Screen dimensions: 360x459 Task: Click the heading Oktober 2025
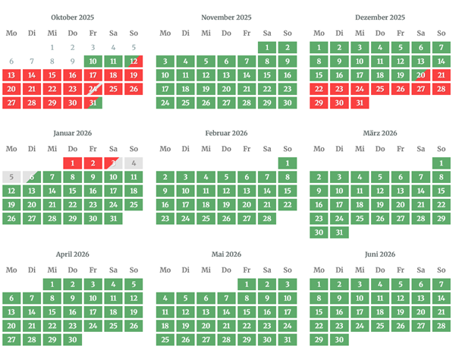coord(72,17)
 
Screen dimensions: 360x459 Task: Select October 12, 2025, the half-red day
coord(134,62)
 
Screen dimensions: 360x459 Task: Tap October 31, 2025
coord(93,103)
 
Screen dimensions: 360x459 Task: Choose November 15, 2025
coord(266,75)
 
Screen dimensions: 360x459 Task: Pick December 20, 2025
coord(420,75)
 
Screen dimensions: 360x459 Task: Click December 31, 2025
coord(360,103)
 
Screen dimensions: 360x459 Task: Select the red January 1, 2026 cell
coord(72,163)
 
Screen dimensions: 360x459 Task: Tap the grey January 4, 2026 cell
coord(134,163)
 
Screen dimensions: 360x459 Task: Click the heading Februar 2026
coord(225,133)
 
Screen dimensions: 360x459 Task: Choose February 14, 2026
coord(266,191)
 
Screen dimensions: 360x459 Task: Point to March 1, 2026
coord(441,163)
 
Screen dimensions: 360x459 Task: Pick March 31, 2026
coord(339,232)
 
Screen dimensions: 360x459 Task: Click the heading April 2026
coord(72,254)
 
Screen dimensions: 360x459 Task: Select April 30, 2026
coord(72,339)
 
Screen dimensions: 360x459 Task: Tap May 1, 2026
coord(246,285)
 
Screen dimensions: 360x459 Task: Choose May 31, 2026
coord(287,339)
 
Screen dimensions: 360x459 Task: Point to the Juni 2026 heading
coord(379,254)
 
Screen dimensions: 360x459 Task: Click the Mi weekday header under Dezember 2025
coord(360,33)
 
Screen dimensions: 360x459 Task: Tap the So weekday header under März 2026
coord(441,149)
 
